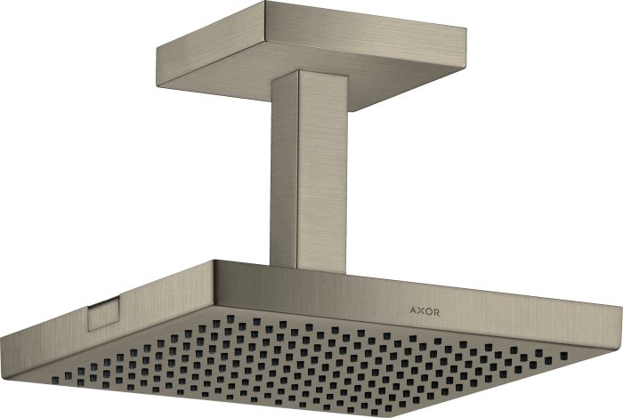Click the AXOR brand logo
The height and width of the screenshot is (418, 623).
pos(425,311)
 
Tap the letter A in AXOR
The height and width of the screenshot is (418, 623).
pos(413,310)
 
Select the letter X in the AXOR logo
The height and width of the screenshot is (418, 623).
pos(420,311)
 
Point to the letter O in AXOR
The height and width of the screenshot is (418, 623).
pos(428,312)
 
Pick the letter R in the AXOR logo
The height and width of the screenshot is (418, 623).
pos(436,313)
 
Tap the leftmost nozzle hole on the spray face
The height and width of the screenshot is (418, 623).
pos(55,380)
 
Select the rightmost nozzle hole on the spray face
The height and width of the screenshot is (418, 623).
pos(563,356)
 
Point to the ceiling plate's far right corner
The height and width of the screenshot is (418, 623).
pos(465,28)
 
